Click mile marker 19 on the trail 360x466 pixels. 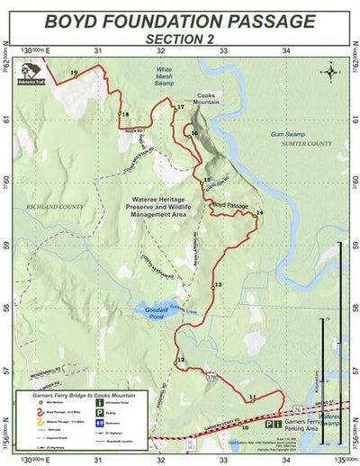(74, 73)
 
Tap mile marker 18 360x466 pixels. (124, 114)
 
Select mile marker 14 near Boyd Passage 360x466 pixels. (259, 213)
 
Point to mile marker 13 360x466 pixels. (218, 285)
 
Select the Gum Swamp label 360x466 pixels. (288, 134)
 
